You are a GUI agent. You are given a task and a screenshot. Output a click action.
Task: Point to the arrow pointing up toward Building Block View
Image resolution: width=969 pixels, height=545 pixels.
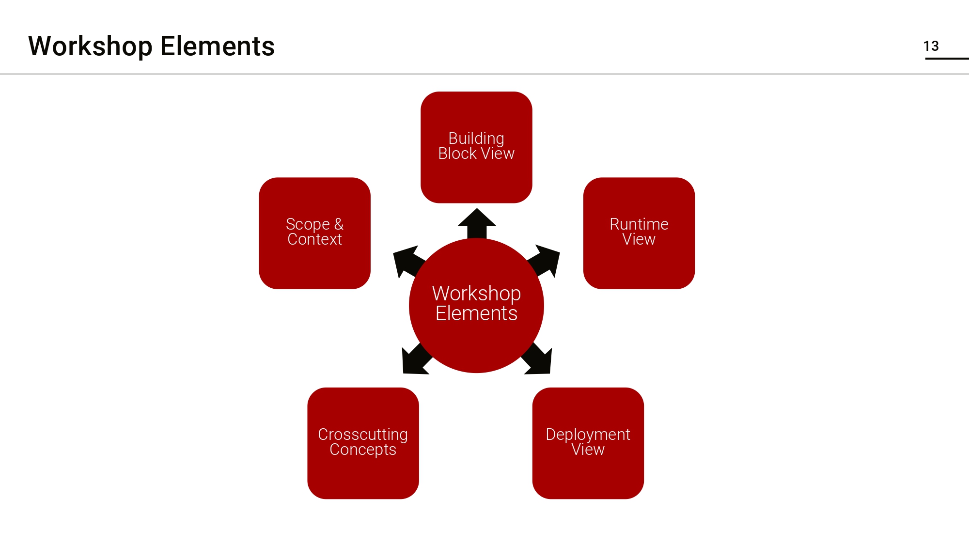click(477, 223)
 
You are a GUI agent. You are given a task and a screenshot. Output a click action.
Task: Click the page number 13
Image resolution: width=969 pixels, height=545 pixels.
click(931, 46)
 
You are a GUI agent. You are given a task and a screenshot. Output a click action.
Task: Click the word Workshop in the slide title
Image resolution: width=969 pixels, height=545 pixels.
click(90, 47)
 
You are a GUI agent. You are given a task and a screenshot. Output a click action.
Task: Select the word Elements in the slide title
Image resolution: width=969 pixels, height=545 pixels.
click(217, 47)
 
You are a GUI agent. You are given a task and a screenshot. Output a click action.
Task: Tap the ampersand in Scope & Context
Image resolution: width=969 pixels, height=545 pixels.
click(339, 224)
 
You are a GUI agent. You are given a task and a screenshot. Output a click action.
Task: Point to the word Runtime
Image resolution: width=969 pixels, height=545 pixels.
click(639, 224)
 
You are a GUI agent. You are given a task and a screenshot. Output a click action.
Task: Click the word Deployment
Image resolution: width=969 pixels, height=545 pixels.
click(588, 434)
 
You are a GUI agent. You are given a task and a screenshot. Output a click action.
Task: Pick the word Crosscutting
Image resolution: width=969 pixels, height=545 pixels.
click(363, 434)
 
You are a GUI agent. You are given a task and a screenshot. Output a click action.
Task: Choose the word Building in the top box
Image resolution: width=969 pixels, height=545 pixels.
click(476, 138)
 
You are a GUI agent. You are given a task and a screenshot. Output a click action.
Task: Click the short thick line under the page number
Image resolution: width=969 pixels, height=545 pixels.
click(947, 59)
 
